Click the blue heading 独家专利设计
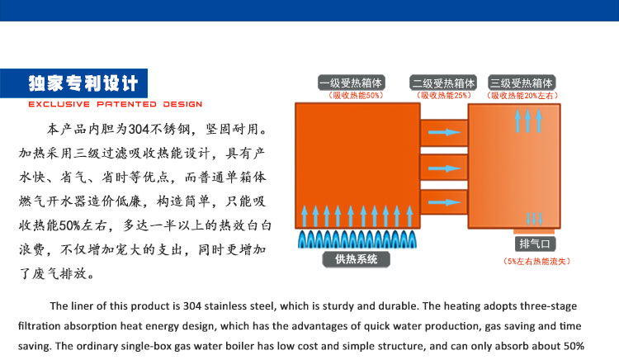coord(83,83)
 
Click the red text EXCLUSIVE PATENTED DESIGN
coord(116,104)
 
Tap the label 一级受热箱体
coord(352,83)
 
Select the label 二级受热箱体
coord(443,83)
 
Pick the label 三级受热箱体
coord(522,83)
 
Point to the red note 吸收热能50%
coord(356,96)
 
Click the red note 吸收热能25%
coord(444,96)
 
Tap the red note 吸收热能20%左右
coord(522,96)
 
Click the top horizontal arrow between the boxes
coord(444,132)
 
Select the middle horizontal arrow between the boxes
coord(444,168)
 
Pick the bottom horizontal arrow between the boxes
coord(444,202)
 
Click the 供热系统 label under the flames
coord(356,259)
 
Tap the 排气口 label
coord(535,244)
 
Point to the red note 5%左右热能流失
coord(536,261)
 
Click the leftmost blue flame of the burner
coord(302,239)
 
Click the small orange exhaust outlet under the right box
coord(534,231)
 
